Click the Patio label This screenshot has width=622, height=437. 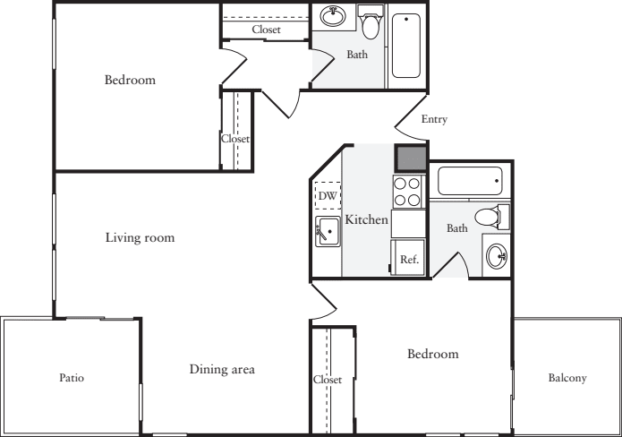click(72, 378)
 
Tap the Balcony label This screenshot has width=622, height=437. click(567, 378)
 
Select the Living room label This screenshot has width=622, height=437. click(140, 237)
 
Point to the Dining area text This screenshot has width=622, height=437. click(222, 369)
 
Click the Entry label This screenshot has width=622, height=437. click(434, 119)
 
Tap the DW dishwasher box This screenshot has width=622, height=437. click(328, 195)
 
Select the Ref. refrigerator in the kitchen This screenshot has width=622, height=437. click(408, 257)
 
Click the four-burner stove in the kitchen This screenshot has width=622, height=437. click(407, 192)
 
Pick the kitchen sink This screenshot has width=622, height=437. click(328, 231)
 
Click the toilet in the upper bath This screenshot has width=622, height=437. click(371, 21)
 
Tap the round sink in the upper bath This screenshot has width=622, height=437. click(333, 17)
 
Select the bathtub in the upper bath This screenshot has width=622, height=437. click(406, 46)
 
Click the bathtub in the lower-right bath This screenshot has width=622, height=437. click(470, 181)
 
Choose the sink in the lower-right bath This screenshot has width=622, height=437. click(497, 256)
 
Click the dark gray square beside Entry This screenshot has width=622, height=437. click(411, 159)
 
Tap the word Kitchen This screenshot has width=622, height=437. click(367, 219)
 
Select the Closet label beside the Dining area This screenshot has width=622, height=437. click(328, 380)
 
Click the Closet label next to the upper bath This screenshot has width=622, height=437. click(266, 30)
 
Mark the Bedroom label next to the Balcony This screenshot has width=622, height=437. click(433, 354)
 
